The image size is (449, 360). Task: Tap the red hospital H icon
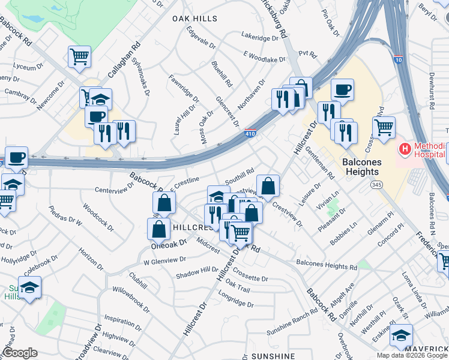(405, 148)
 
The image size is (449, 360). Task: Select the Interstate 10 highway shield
(399, 59)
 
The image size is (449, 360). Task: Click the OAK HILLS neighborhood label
(194, 19)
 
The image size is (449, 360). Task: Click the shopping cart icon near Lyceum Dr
(79, 57)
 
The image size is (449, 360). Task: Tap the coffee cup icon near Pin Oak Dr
(342, 90)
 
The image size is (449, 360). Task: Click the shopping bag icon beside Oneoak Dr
(158, 229)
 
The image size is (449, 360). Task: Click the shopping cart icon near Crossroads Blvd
(384, 127)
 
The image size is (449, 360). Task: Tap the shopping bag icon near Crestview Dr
(268, 186)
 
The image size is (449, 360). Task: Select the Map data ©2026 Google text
(411, 355)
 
